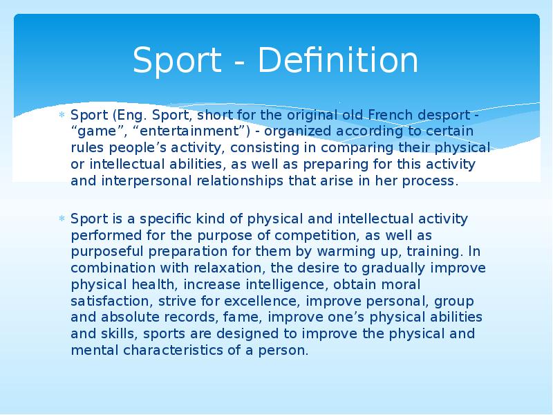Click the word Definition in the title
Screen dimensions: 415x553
338,61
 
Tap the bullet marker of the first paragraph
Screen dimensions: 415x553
61,115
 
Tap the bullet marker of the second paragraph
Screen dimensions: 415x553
61,219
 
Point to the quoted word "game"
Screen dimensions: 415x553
95,131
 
